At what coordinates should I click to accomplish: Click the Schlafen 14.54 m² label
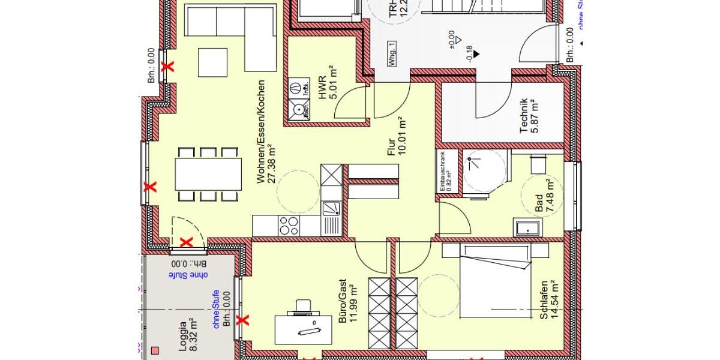click(x=548, y=299)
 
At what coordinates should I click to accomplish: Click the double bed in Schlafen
click(x=494, y=280)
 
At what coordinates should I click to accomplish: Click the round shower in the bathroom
click(x=484, y=172)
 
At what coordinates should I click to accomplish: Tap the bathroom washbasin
click(x=527, y=227)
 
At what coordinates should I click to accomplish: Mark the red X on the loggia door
click(x=187, y=242)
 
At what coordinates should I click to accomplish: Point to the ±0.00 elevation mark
click(x=451, y=38)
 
